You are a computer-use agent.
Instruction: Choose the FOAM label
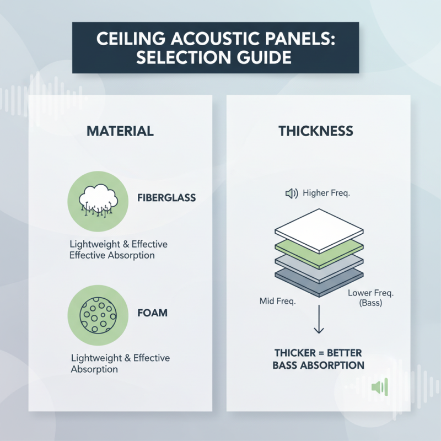[x=152, y=313]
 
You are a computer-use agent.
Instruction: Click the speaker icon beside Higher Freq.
[x=291, y=193]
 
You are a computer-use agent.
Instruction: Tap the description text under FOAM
[x=120, y=363]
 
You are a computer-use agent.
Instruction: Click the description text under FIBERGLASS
[x=119, y=249]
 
